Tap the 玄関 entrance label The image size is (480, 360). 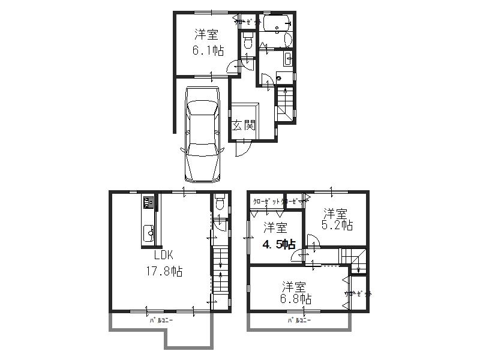pos(244,125)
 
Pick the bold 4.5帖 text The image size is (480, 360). pos(277,244)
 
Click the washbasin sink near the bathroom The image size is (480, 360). pos(287,59)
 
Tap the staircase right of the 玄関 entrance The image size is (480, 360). pos(285,104)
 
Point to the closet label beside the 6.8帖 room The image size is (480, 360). pos(358,294)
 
